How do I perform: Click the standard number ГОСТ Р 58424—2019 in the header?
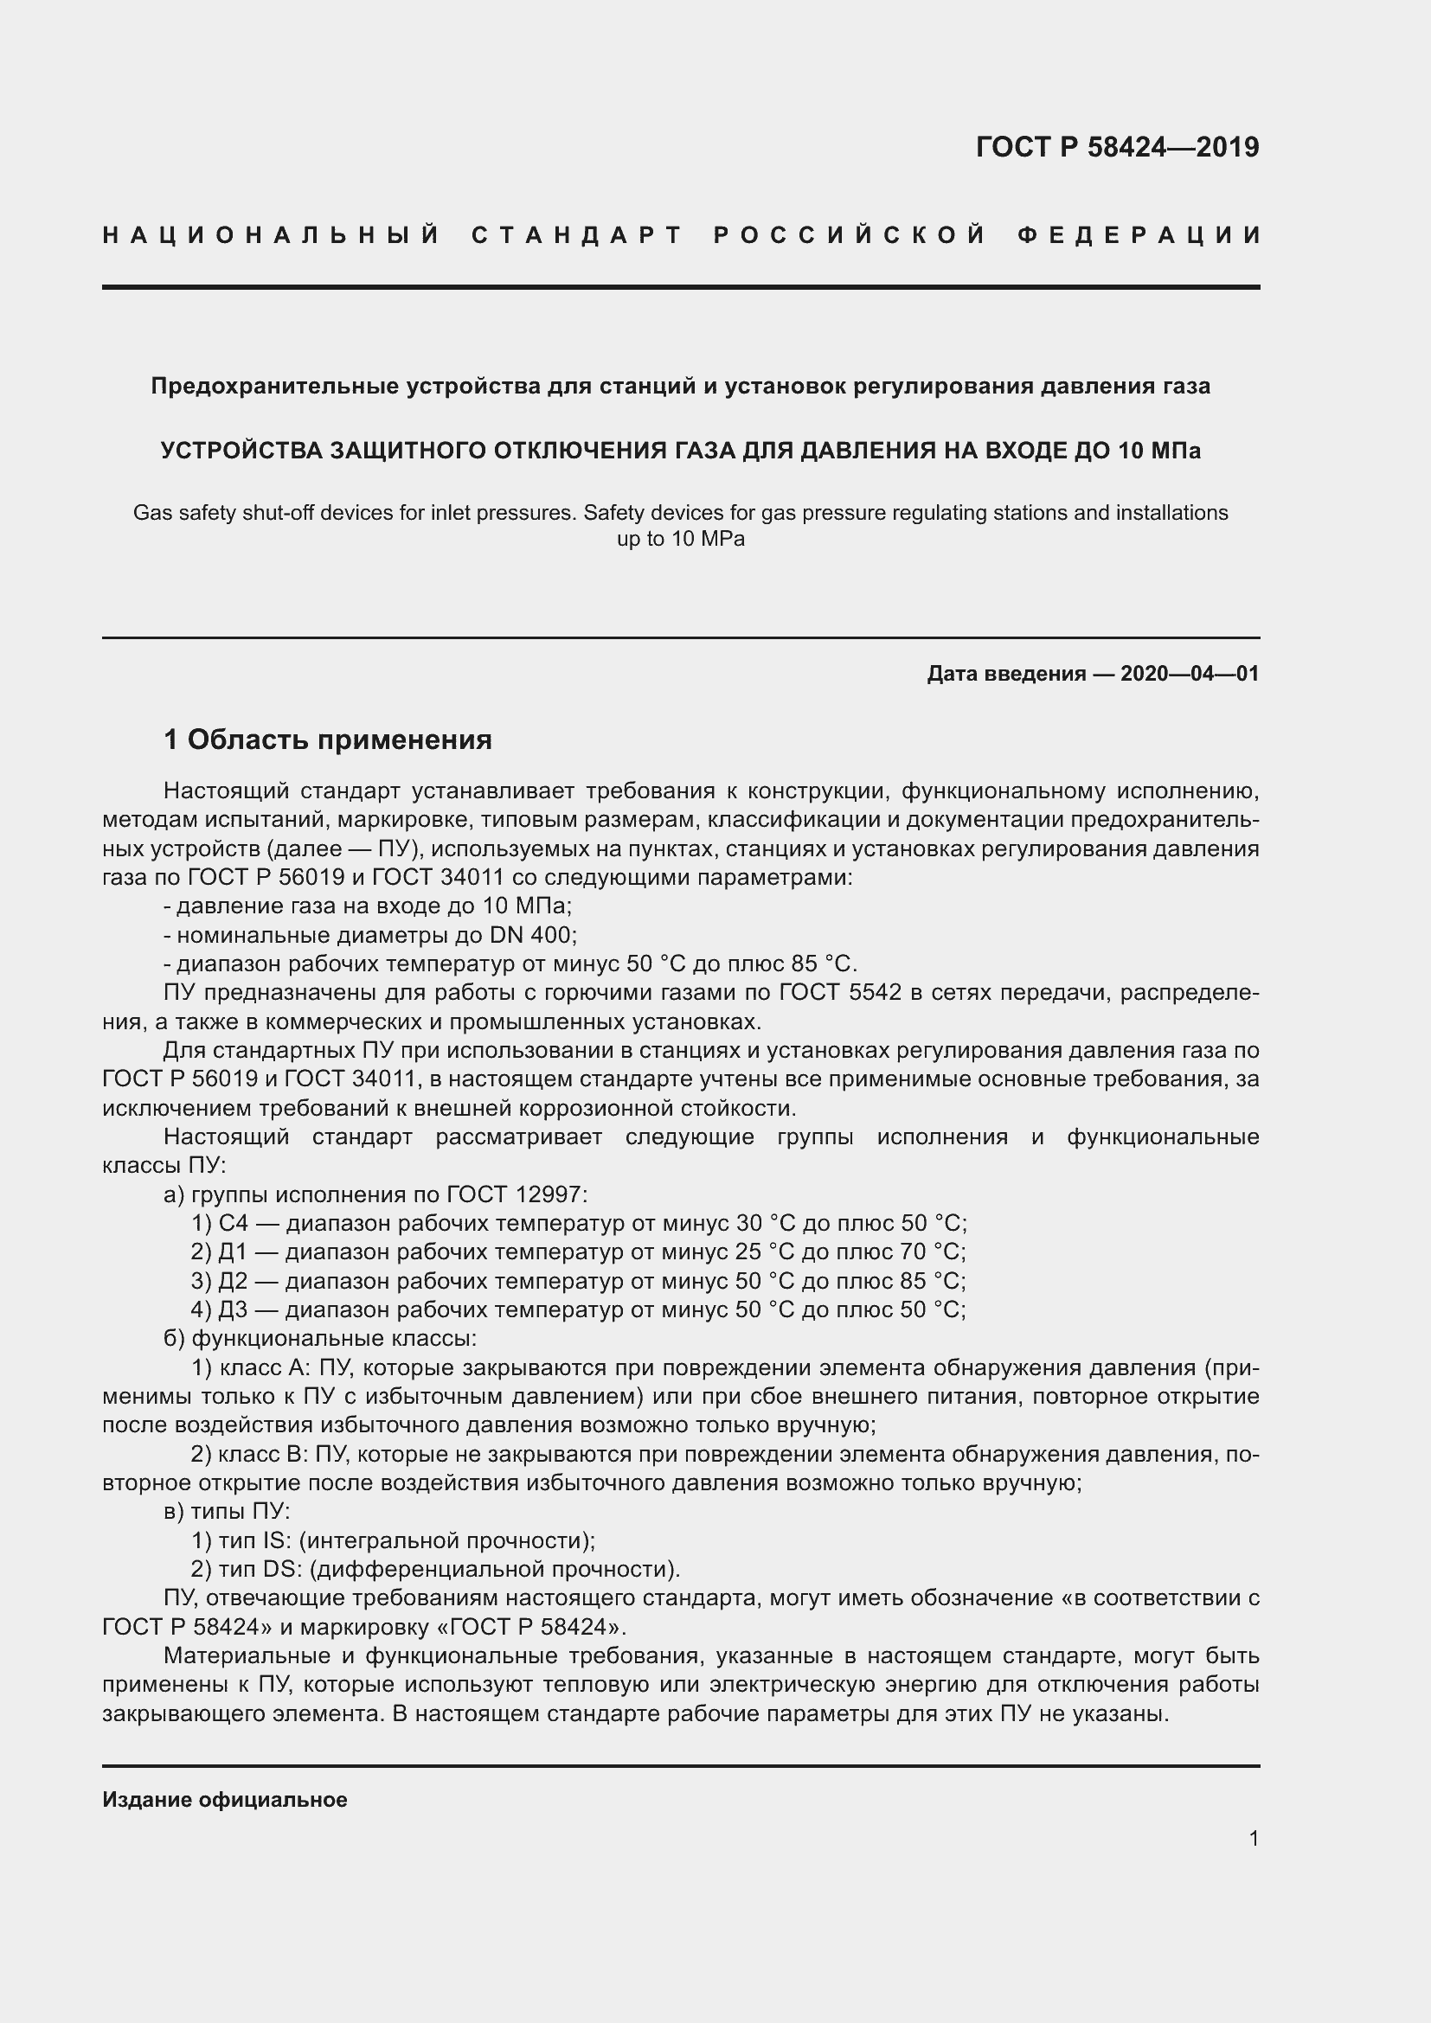tap(1117, 146)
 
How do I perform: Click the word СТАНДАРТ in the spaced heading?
tap(578, 235)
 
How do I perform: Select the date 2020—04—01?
tap(1190, 674)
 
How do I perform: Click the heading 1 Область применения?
tap(328, 739)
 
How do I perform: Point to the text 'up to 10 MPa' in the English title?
tap(680, 538)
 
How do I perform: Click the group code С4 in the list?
tap(233, 1223)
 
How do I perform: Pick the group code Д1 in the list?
tap(233, 1252)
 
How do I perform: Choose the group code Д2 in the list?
tap(233, 1280)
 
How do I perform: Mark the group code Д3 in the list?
tap(233, 1309)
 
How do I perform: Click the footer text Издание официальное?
tap(225, 1800)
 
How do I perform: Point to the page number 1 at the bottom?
tap(1254, 1838)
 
